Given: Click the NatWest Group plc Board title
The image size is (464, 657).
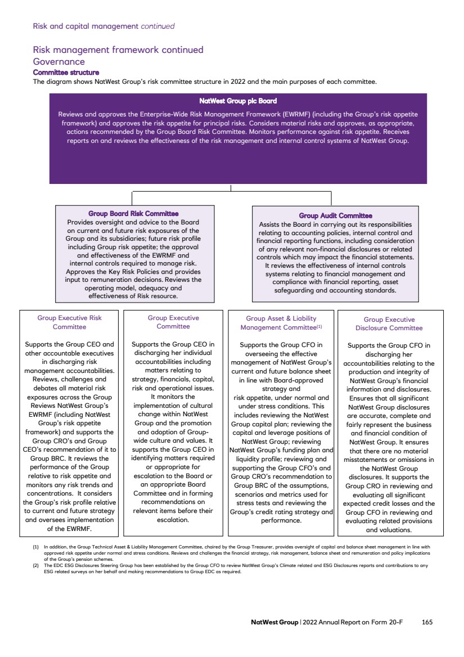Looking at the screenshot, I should pos(238,101).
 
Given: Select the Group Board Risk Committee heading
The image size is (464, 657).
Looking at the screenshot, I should pos(133,213).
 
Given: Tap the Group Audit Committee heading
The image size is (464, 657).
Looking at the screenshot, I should pos(335,215).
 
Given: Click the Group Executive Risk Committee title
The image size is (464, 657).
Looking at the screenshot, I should pos(69,322).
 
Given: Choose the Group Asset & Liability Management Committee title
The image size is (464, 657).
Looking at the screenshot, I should pos(281,323).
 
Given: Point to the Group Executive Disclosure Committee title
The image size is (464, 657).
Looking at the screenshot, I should pos(389,324).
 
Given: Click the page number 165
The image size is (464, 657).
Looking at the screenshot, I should pos(427,622).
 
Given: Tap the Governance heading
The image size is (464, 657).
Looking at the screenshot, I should pos(59,62).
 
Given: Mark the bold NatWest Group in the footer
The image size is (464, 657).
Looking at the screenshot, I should pos(274,622).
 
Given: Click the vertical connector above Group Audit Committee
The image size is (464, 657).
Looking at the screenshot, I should pos(331,198).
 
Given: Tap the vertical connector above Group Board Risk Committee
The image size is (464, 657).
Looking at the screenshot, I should pos(132,198).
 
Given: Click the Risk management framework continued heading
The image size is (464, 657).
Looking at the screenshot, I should pos(118,50).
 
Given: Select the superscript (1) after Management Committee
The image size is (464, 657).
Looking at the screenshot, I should pos(319,326).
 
